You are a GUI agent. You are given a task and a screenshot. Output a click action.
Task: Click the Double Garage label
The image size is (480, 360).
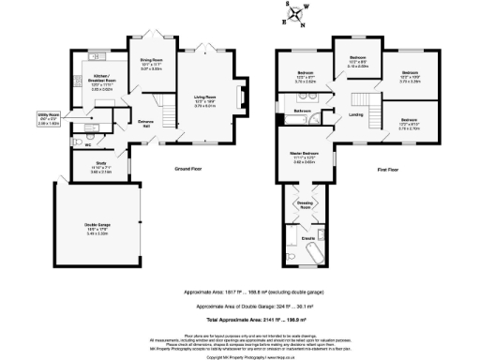click(97, 224)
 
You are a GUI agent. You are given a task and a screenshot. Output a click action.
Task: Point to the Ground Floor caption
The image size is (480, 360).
click(190, 169)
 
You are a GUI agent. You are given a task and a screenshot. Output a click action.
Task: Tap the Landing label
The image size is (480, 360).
click(356, 114)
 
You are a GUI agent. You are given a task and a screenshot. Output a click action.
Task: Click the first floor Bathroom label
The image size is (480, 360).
click(303, 111)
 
